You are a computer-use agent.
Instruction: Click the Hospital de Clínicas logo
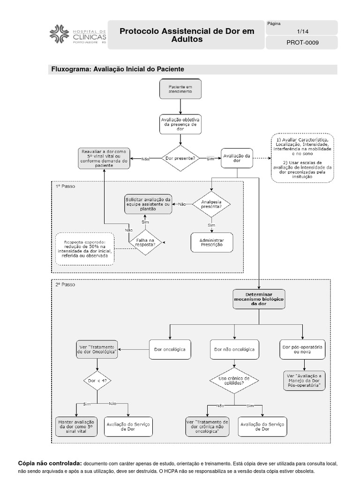point(78,34)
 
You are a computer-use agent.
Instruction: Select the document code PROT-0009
point(301,43)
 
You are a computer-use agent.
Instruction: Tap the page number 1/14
point(301,31)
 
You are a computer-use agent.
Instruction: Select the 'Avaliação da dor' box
point(237,158)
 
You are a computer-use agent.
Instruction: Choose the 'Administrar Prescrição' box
point(212,242)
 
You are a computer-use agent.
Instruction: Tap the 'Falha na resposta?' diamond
point(145,242)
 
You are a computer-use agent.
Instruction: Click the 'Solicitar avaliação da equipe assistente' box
point(148,204)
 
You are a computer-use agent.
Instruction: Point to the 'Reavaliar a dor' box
point(104,158)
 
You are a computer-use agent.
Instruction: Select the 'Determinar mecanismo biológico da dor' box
point(259,299)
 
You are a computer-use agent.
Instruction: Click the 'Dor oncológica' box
point(170,349)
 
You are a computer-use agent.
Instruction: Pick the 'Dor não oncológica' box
point(234,349)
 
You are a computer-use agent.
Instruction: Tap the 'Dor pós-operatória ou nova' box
point(302,349)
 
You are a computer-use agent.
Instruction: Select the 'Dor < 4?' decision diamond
point(97,381)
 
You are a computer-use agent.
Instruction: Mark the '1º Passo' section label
point(65,186)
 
